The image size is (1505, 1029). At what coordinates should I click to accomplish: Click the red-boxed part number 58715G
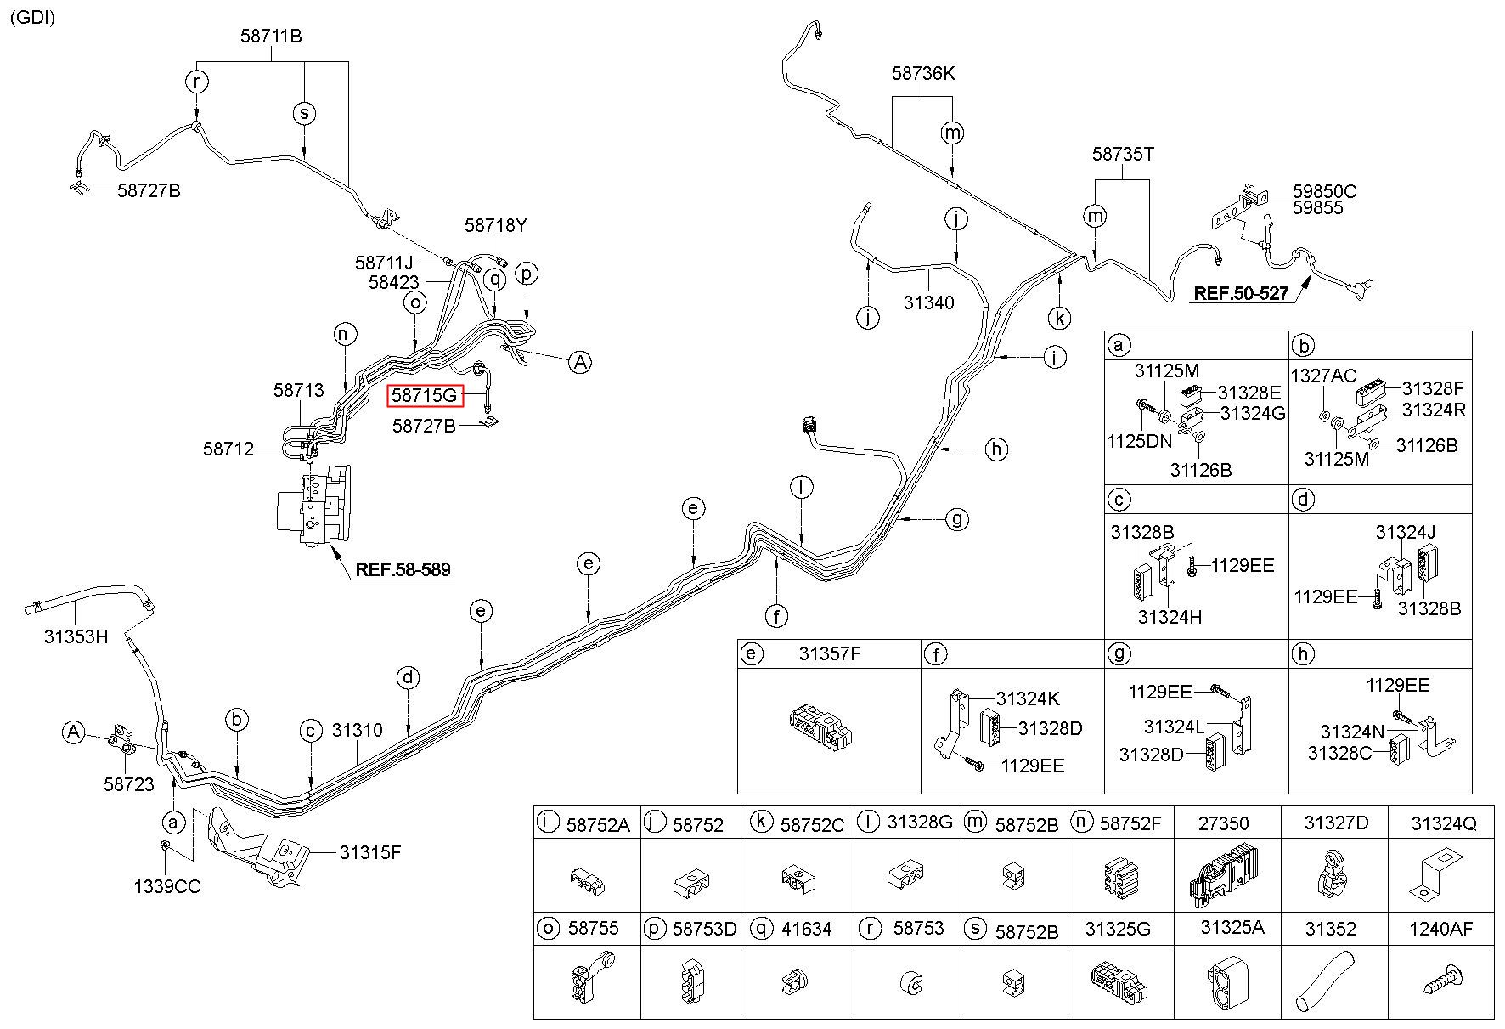(425, 396)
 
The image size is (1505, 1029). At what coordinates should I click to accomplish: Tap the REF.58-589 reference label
(403, 568)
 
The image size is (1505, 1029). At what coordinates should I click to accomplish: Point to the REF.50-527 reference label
(1241, 293)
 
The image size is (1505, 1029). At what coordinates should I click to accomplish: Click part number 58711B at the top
(271, 36)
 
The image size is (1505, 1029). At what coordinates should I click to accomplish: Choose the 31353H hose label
(76, 636)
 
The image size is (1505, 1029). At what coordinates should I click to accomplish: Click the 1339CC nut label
(167, 887)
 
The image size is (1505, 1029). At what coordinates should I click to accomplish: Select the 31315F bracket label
(370, 852)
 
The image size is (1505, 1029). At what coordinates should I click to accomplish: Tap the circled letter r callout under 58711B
(196, 82)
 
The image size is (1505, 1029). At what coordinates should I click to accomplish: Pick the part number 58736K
(923, 74)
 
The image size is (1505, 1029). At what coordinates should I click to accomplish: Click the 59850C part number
(1325, 191)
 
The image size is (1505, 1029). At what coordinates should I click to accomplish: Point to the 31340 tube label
(928, 302)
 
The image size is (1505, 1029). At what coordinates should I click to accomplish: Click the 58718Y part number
(495, 225)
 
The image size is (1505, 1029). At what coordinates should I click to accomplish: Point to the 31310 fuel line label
(357, 730)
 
